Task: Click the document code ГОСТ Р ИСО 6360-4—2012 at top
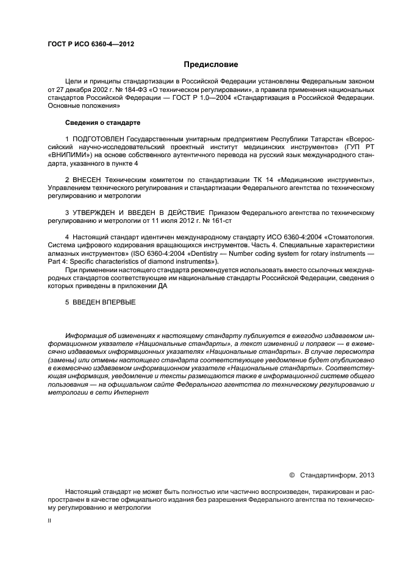pyautogui.click(x=91, y=44)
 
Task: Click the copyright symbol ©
pyautogui.click(x=291, y=474)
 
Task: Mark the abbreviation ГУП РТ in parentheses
pyautogui.click(x=362, y=147)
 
